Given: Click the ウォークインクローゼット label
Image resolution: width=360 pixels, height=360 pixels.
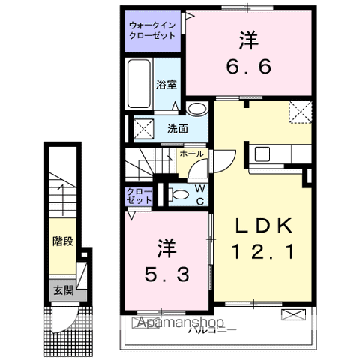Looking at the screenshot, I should (x=151, y=29).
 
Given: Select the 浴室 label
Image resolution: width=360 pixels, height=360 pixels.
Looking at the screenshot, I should (x=166, y=85).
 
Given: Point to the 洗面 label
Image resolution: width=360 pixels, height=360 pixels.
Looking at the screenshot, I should (x=178, y=127).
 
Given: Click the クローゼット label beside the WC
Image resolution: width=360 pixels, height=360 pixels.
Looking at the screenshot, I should (x=140, y=196).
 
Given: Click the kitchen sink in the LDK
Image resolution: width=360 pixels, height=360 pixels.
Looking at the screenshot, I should (x=262, y=154).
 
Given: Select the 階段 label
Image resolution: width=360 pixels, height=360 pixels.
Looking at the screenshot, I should (x=62, y=241).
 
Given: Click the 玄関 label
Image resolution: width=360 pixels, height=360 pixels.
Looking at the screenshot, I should (x=61, y=288).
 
